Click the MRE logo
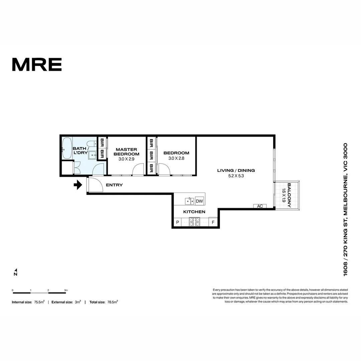coord(37,65)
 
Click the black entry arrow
coord(78,185)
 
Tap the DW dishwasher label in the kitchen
coord(199,201)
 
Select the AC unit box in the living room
coord(260,206)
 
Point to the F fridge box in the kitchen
coord(213,222)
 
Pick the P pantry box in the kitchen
coord(177,222)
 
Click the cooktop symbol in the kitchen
coord(194,222)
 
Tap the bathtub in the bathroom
coord(67,148)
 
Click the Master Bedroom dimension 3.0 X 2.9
coord(126,159)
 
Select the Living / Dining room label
coord(236,170)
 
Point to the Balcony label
coord(289,195)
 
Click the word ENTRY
coord(114,185)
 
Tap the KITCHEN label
coord(194,212)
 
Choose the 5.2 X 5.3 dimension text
coord(236,176)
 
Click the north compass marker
coord(15,272)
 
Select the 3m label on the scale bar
coord(66,290)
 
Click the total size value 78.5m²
coord(112,302)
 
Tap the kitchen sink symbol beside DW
coord(190,201)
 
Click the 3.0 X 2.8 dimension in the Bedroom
coord(176,158)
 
